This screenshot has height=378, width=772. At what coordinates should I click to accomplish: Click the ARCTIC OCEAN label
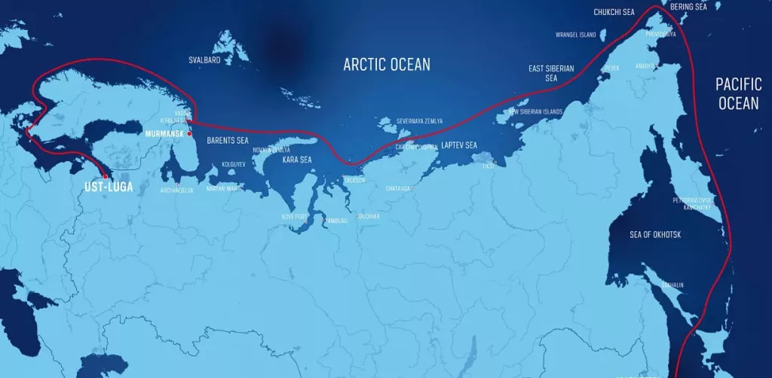[x=387, y=64]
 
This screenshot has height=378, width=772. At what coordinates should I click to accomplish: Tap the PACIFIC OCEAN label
[x=738, y=93]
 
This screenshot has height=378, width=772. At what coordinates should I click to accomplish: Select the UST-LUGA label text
[x=107, y=187]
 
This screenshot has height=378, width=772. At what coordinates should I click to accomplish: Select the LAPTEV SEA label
[x=459, y=145]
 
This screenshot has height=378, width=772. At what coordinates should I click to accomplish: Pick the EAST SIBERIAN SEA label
[x=551, y=73]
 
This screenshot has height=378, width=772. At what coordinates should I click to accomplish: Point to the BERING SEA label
[x=689, y=7]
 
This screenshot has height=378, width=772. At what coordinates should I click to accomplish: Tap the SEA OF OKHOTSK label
[x=655, y=235]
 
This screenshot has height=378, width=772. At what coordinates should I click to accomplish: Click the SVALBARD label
[x=204, y=59]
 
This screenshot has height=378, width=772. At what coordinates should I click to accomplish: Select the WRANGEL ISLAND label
[x=575, y=35]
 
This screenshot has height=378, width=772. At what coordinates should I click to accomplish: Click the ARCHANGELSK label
[x=177, y=191]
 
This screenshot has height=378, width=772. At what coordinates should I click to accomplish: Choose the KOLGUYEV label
[x=233, y=163]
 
